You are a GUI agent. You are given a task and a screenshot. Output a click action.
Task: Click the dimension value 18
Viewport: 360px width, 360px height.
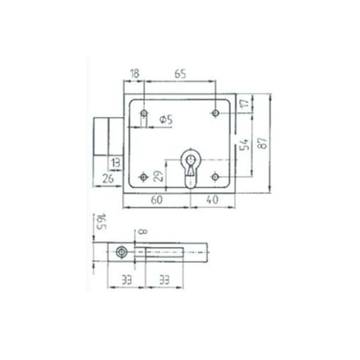[135, 74]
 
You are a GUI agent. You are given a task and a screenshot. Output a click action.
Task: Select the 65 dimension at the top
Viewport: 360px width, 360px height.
[180, 74]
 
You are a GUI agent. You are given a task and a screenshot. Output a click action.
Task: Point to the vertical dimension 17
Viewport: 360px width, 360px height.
[245, 103]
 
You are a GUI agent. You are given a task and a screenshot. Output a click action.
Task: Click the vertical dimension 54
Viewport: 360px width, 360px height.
[244, 144]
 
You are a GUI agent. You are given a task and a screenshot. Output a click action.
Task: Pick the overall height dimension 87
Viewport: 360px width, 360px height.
[262, 143]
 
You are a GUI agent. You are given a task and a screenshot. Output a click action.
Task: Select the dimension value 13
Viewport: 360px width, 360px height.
[115, 163]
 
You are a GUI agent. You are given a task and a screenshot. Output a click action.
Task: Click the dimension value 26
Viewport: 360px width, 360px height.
[108, 179]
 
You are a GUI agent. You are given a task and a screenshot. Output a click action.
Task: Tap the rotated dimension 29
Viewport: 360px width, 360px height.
[158, 176]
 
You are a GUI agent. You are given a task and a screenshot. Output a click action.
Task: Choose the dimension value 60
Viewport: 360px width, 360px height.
[156, 200]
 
